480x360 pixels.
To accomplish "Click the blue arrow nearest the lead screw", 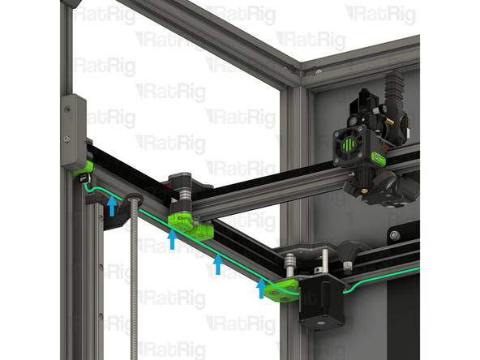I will pos(112,206).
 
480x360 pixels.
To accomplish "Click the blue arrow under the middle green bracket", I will pos(172,238).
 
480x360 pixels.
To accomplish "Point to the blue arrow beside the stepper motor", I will pos(261,287).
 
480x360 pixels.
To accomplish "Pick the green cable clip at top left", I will pos(80,170).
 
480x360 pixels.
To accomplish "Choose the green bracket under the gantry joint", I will pos(191,225).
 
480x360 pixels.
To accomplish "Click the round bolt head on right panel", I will pos(394,235).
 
